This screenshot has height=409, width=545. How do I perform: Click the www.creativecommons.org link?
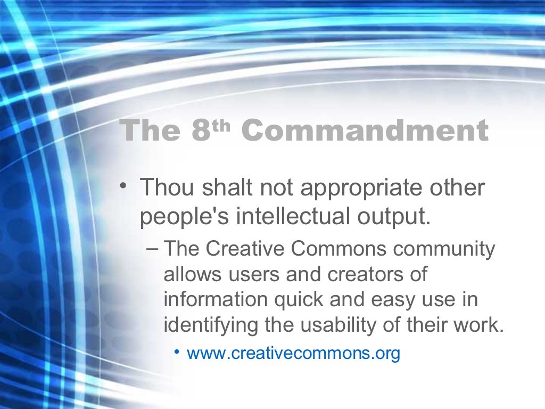[x=293, y=353]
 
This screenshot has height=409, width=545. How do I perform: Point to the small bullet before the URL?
[x=179, y=352]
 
